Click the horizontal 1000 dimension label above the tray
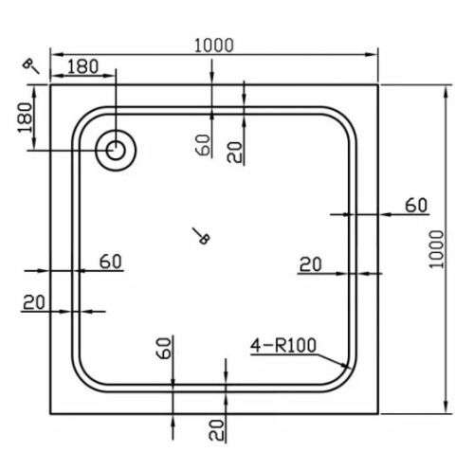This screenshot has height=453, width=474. (x=213, y=44)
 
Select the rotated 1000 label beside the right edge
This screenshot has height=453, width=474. (x=436, y=249)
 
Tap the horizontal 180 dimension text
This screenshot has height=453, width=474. (x=83, y=66)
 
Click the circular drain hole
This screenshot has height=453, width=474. (x=117, y=149)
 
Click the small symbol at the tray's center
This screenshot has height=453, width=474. (x=200, y=237)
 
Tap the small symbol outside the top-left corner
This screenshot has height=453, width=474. (x=31, y=64)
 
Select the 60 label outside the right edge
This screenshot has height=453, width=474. (x=417, y=205)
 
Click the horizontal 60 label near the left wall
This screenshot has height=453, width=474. (x=111, y=262)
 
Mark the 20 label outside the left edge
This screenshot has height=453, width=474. (x=34, y=301)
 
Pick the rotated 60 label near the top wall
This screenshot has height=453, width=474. (x=202, y=144)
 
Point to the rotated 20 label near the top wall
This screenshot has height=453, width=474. (x=235, y=150)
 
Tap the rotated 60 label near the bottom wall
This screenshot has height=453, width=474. (x=163, y=348)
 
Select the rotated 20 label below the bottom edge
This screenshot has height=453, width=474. (x=217, y=429)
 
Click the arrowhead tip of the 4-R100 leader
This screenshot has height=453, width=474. (x=353, y=370)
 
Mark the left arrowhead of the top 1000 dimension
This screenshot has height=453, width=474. (x=51, y=53)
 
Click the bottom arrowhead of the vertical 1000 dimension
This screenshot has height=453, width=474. (x=444, y=413)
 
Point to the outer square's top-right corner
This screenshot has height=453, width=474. (x=379, y=84)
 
